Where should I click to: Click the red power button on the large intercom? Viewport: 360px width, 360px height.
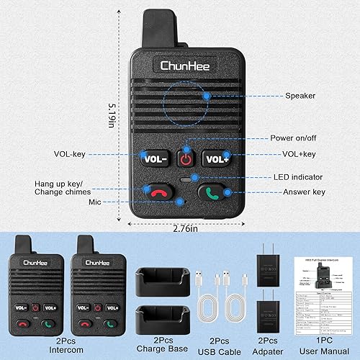coord(187,156)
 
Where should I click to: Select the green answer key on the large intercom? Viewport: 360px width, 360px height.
coord(214,192)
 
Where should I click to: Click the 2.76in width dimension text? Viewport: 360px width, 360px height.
coord(186,228)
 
